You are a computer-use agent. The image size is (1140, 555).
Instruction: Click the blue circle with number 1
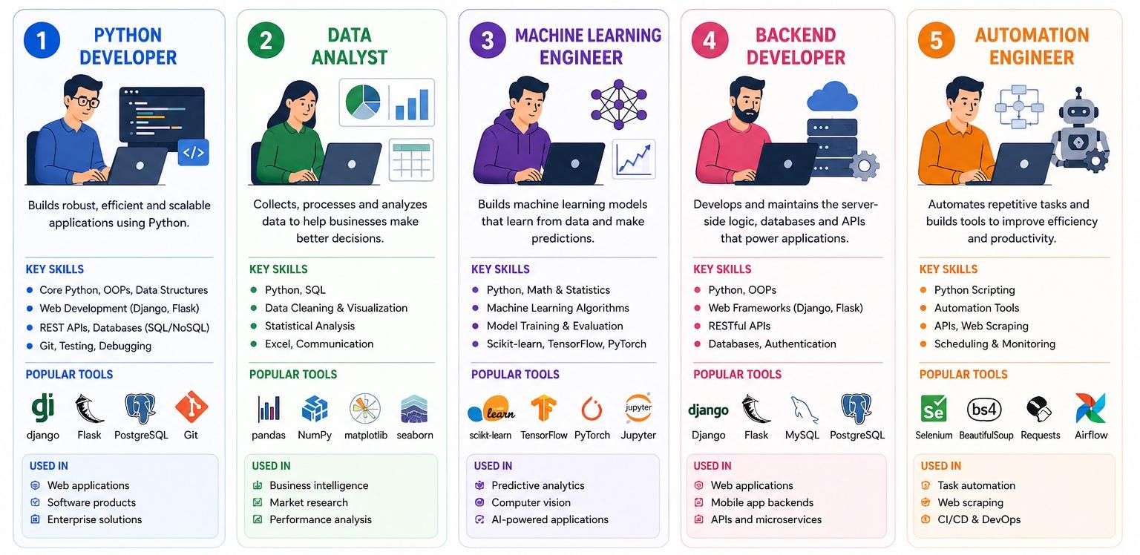tap(42, 41)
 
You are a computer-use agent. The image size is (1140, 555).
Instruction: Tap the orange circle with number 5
tap(936, 41)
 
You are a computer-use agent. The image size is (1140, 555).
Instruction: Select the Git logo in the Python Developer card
tap(191, 407)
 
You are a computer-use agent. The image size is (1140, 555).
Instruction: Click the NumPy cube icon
tap(315, 408)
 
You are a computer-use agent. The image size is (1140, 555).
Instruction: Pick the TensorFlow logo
tap(543, 408)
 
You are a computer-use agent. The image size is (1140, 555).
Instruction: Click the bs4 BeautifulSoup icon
tap(985, 409)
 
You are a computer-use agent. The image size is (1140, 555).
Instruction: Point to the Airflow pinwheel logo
tap(1090, 408)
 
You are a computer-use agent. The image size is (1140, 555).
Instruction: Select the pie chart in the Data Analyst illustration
tap(363, 102)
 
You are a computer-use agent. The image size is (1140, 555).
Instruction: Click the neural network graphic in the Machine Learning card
tap(618, 104)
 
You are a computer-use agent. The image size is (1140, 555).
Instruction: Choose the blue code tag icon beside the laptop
tap(194, 153)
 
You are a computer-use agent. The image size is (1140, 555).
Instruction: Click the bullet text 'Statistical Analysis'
tap(309, 326)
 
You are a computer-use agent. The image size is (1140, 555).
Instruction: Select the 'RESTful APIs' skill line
tap(739, 326)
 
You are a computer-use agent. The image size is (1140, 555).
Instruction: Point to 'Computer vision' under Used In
tap(531, 502)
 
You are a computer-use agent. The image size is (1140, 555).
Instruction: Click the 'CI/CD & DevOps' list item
tap(978, 519)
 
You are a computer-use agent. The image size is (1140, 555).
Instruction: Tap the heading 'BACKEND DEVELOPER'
tap(795, 46)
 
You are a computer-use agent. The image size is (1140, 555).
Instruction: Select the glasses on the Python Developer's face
tap(88, 102)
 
